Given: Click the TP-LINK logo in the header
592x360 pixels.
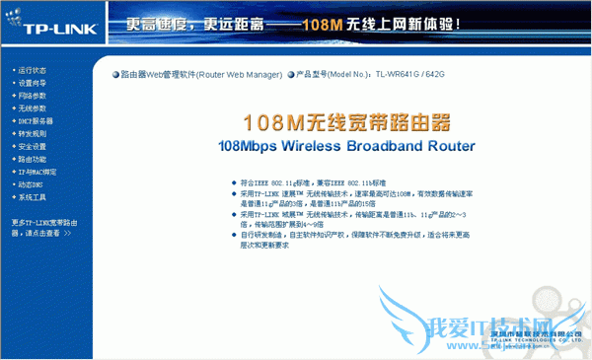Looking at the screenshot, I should point(47,25).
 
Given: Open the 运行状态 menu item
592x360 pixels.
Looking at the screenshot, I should point(32,71).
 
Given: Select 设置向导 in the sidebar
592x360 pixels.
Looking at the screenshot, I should point(32,84).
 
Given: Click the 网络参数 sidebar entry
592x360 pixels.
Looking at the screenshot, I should point(32,97).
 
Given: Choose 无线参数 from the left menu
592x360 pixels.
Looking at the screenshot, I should point(32,108).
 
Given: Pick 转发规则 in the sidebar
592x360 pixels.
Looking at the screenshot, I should point(32,134).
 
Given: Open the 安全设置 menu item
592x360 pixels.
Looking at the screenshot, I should point(32,147).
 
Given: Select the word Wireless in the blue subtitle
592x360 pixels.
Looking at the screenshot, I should point(313,146).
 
